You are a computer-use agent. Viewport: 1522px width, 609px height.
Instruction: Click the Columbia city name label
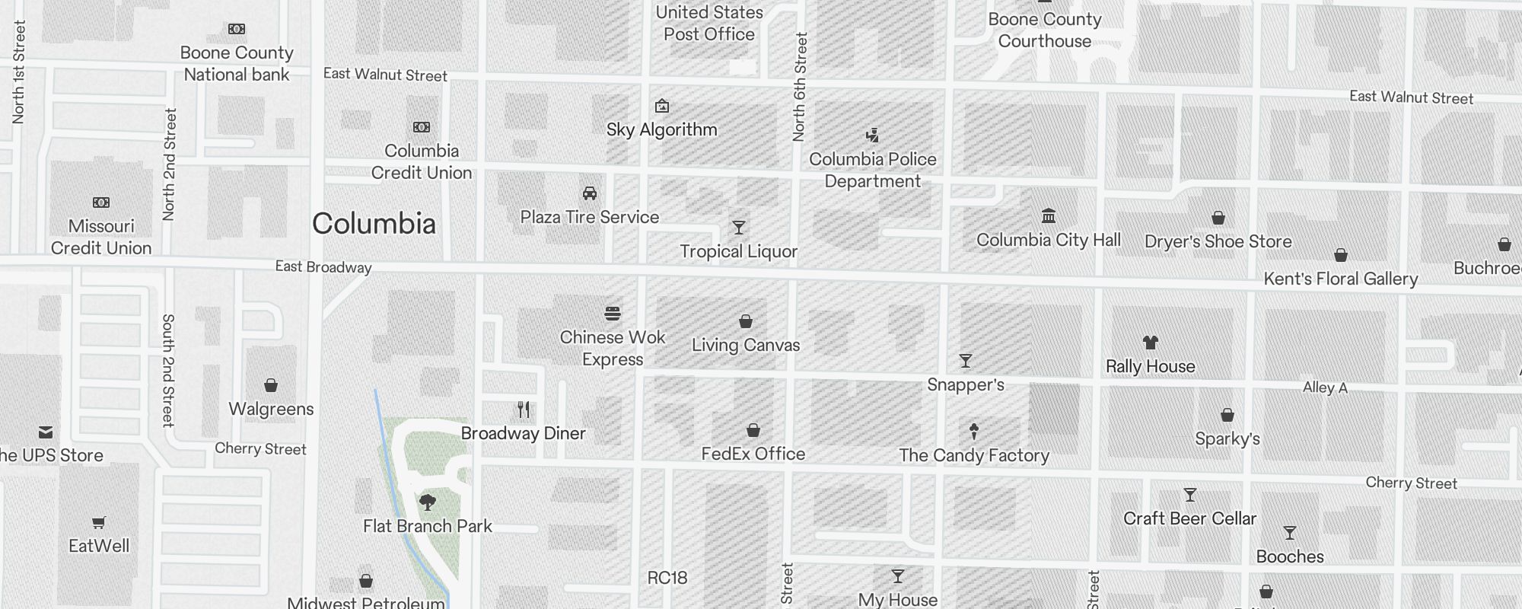pyautogui.click(x=374, y=224)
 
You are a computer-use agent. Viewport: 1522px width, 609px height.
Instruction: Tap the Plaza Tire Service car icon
pyautogui.click(x=590, y=193)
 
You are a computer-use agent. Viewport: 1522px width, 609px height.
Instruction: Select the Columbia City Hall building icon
pyautogui.click(x=1049, y=216)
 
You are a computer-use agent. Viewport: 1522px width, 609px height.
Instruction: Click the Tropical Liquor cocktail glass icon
pyautogui.click(x=738, y=228)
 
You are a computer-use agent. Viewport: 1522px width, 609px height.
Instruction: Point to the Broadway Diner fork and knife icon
pyautogui.click(x=524, y=410)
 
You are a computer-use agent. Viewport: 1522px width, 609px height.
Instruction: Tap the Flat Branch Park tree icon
pyautogui.click(x=428, y=502)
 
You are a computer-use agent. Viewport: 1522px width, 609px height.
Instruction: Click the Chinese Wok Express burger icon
pyautogui.click(x=613, y=313)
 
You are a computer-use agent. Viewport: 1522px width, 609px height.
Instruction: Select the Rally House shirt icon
pyautogui.click(x=1151, y=343)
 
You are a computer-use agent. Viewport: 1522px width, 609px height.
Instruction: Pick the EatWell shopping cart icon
pyautogui.click(x=99, y=522)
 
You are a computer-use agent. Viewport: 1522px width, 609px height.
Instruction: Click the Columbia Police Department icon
pyautogui.click(x=873, y=136)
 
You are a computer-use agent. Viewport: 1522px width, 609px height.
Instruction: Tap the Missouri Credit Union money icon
pyautogui.click(x=101, y=202)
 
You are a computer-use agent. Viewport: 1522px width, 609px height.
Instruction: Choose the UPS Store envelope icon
pyautogui.click(x=46, y=432)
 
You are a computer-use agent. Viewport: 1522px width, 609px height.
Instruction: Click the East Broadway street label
pyautogui.click(x=323, y=267)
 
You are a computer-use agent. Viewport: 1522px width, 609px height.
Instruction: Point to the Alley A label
pyautogui.click(x=1325, y=387)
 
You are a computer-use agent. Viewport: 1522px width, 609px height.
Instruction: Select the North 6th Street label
pyautogui.click(x=799, y=87)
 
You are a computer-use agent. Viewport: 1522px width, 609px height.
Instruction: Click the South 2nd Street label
pyautogui.click(x=168, y=370)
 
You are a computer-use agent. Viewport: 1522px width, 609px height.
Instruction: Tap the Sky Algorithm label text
pyautogui.click(x=662, y=130)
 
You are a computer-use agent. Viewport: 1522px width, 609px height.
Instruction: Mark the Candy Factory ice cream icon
pyautogui.click(x=974, y=432)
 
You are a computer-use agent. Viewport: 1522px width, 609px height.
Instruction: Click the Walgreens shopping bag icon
pyautogui.click(x=271, y=385)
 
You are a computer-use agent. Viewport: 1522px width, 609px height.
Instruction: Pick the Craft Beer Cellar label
pyautogui.click(x=1190, y=519)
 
